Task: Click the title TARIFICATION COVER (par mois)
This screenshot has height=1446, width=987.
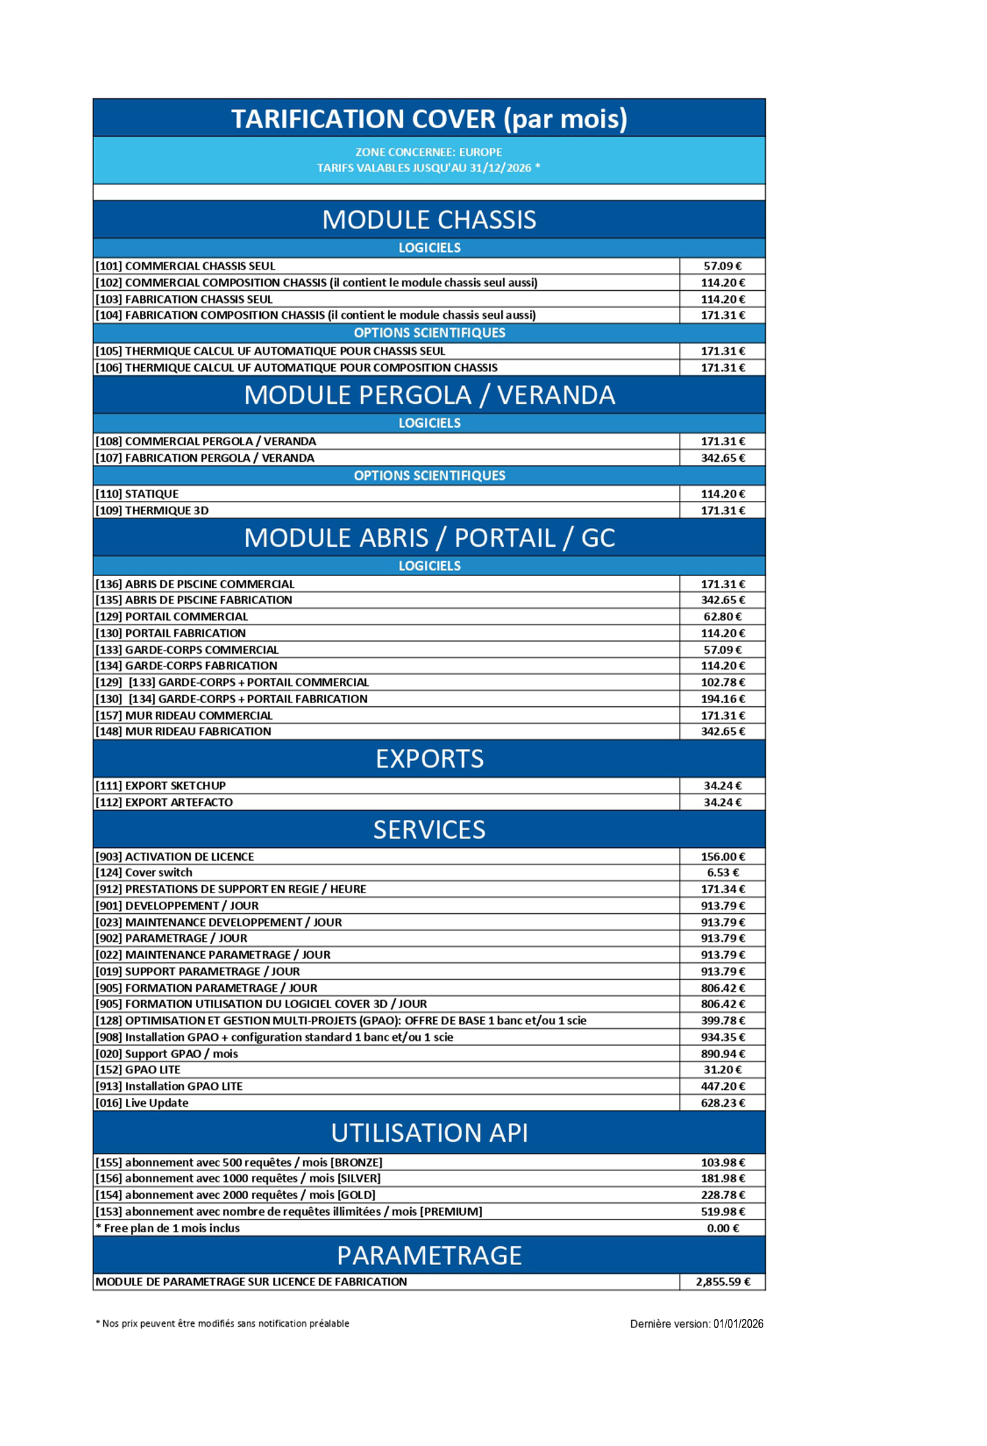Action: coord(429,119)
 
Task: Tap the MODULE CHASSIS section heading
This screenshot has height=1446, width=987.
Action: coord(429,220)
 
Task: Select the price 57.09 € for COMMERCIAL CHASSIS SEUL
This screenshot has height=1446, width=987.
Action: coord(722,266)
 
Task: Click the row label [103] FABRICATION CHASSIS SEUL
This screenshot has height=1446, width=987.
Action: coord(183,299)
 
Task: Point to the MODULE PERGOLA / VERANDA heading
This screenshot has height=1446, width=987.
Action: coord(429,395)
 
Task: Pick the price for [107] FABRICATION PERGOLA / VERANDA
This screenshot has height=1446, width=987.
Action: coord(722,458)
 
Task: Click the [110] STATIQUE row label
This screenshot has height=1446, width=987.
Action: coord(137,494)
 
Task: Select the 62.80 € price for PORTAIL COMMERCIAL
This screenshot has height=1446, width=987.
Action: coord(722,616)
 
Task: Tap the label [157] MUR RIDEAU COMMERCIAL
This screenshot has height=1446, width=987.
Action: coord(183,715)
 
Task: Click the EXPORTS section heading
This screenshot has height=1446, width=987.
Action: coord(429,759)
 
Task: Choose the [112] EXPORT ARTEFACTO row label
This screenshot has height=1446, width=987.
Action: coord(164,803)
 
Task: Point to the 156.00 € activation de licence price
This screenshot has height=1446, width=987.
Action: coord(722,856)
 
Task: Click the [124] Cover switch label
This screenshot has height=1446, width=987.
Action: coord(144,873)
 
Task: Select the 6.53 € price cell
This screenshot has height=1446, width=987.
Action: coord(722,873)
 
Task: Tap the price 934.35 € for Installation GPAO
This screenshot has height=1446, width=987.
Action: coord(722,1037)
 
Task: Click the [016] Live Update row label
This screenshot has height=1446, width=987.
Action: coord(142,1103)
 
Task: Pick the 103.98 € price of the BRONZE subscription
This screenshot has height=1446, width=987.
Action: coord(722,1163)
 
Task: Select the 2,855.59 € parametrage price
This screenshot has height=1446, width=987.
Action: coord(722,1282)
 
